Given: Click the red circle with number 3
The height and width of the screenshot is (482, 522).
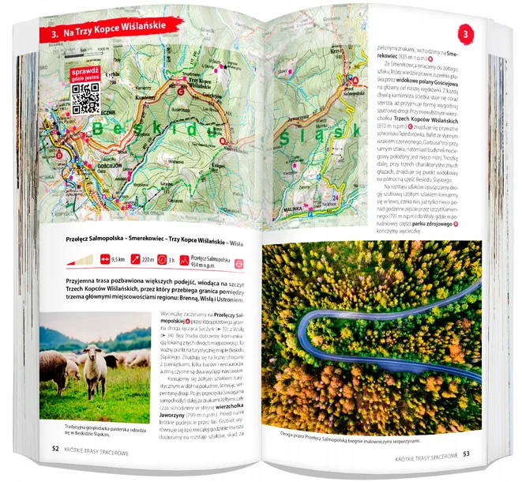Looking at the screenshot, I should click(465, 34).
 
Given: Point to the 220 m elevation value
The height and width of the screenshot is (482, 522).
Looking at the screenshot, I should click(156, 258).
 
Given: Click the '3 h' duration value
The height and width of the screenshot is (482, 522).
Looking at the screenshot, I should click(193, 259).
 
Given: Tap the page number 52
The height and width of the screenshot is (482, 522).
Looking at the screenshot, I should click(54, 447).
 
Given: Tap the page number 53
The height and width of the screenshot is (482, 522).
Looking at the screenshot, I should click(465, 454).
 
